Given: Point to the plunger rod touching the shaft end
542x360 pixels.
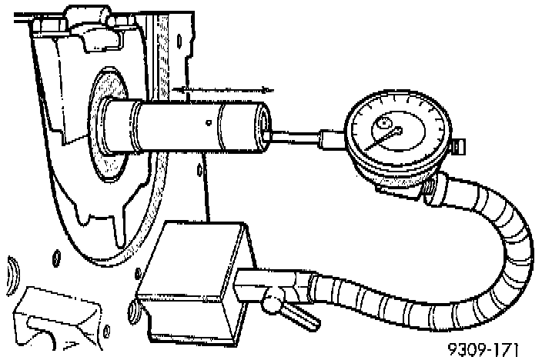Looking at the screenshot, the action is pyautogui.click(x=297, y=138).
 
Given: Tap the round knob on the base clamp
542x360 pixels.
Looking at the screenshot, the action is pyautogui.click(x=273, y=305).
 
